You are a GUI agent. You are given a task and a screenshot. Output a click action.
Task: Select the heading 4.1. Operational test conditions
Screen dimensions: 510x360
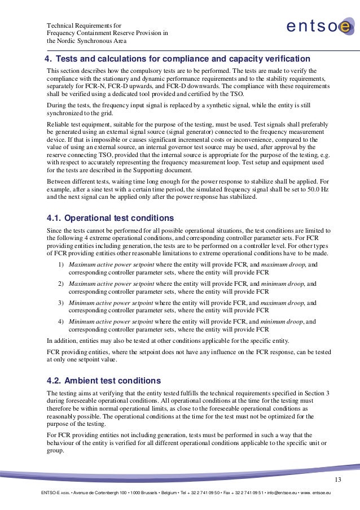pos(110,218)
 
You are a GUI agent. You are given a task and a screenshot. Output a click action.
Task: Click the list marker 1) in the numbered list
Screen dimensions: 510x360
pos(60,264)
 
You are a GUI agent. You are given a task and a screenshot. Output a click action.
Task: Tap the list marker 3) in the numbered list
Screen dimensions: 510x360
pos(60,303)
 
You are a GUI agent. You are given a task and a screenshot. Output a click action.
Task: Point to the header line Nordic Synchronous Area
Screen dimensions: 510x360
pos(86,41)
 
